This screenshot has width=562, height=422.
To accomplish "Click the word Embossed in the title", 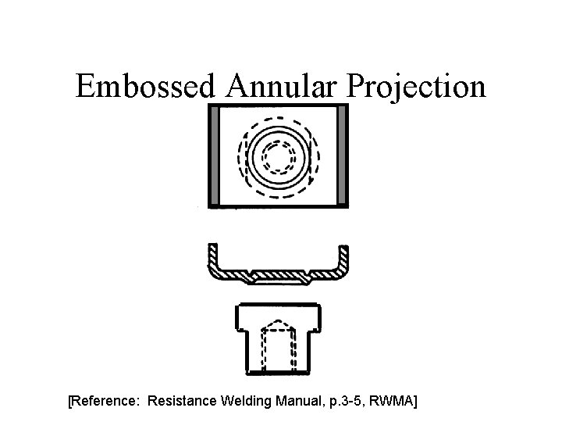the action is click(x=144, y=86).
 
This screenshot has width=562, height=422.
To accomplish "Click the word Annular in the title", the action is click(x=279, y=86).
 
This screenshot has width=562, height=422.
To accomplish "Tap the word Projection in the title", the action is click(x=416, y=88).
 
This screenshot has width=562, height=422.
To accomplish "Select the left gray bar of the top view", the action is click(x=215, y=156).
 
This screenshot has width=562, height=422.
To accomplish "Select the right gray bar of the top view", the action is click(x=340, y=156).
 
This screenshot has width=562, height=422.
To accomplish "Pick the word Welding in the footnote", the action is click(x=246, y=402).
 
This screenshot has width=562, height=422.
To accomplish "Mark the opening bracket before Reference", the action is click(x=71, y=402).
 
